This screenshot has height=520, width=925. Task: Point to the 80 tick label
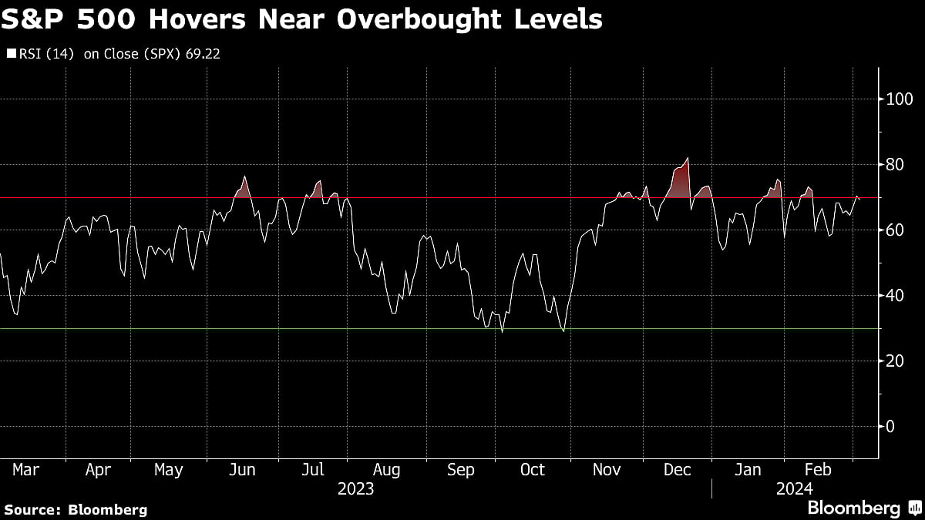tap(895, 165)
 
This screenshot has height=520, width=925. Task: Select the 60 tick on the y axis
tap(895, 230)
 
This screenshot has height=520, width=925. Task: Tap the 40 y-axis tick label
tap(895, 296)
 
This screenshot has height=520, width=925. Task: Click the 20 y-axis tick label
tap(895, 361)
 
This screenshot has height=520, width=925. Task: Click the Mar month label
tap(26, 469)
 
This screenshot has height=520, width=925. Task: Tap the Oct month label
tap(533, 469)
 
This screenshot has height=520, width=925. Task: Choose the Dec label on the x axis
tap(678, 469)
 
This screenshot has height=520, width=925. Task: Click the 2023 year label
tap(355, 488)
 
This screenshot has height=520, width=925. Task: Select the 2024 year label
tap(795, 488)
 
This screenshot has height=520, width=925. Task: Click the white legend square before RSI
tap(11, 55)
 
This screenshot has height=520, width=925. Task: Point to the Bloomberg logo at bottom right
tap(854, 508)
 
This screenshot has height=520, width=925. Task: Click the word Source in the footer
tap(32, 509)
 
